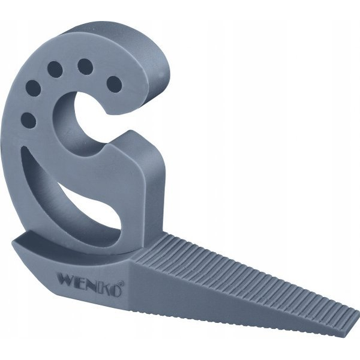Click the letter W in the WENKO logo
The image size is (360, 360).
pyautogui.click(x=67, y=278)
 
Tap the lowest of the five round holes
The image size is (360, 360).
pyautogui.click(x=28, y=121)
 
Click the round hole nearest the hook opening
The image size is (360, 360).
pyautogui.click(x=115, y=84)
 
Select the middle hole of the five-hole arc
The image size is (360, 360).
pyautogui.click(x=55, y=70)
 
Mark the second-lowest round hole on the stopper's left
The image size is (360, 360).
pyautogui.click(x=33, y=88)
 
